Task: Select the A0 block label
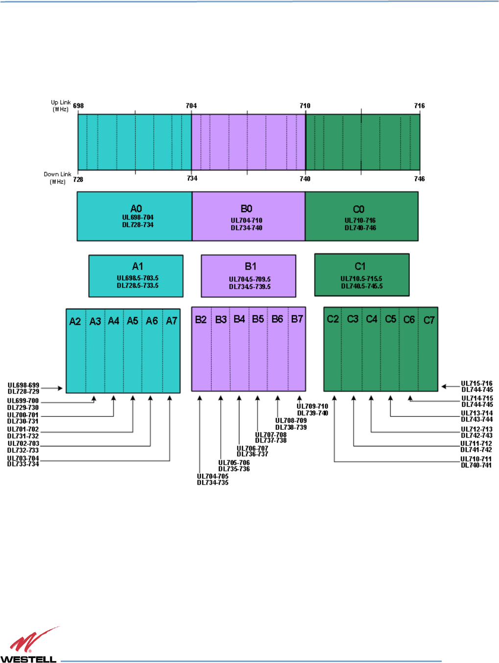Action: coord(136,209)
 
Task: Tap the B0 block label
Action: coord(246,209)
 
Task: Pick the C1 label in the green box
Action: coord(360,267)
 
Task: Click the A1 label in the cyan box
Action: coord(138,267)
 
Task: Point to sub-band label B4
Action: coord(239,319)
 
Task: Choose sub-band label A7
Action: coord(171,321)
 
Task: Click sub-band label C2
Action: coord(333,319)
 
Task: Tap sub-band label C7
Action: coord(429,320)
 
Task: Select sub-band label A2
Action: coord(75,321)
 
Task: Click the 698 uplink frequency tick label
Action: coord(78,106)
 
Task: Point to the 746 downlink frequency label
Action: coord(419,179)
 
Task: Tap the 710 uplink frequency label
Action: coord(305,106)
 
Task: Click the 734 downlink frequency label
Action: coord(192,178)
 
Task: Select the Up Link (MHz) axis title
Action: coord(61,106)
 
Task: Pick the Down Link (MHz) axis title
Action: coord(57,178)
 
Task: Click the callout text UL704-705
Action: coord(213,476)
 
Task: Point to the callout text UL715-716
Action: coord(476,384)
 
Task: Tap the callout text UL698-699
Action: coord(24,385)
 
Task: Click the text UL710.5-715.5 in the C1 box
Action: coord(361,279)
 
